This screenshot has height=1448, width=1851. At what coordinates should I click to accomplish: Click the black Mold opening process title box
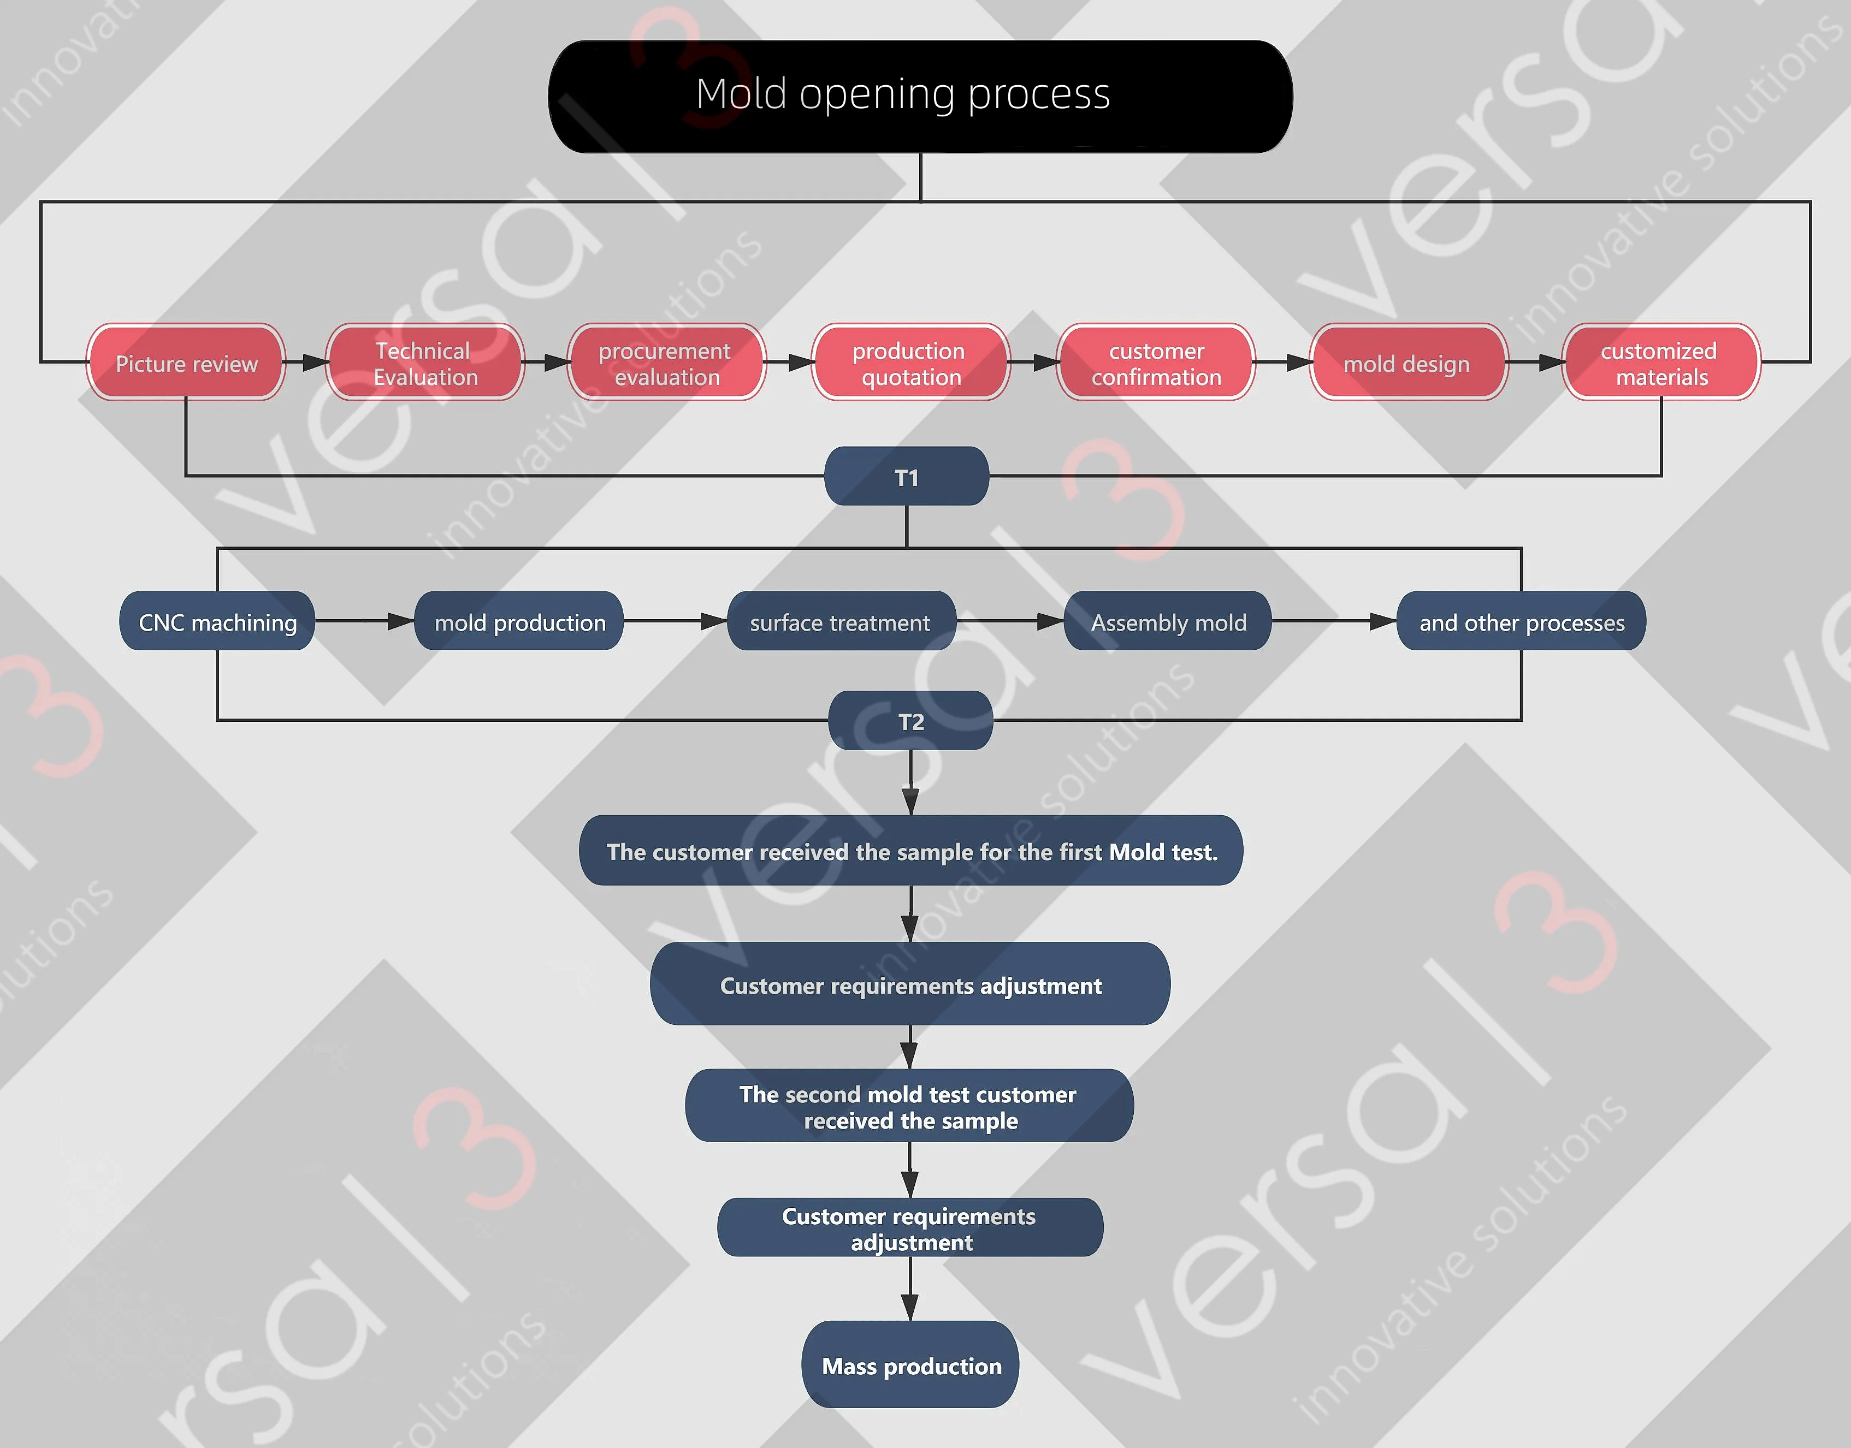(920, 96)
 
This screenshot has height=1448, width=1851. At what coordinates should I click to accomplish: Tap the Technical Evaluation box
(425, 363)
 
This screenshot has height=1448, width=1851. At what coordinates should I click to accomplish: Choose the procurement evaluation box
(666, 363)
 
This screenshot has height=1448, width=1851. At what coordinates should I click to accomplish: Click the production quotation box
(910, 363)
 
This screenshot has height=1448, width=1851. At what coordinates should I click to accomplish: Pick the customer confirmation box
(1156, 363)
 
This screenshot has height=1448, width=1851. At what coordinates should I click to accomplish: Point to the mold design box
(1408, 363)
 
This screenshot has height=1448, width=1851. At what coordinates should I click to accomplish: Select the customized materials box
(1661, 363)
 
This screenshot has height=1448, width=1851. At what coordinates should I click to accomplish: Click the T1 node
(907, 477)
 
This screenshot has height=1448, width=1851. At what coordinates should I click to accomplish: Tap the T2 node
(910, 721)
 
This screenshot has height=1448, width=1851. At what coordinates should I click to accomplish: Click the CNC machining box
(217, 621)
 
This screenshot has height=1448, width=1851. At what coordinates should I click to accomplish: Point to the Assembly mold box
(1168, 621)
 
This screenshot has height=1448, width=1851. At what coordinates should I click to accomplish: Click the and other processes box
(1521, 621)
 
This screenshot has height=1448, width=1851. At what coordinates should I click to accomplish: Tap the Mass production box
(910, 1365)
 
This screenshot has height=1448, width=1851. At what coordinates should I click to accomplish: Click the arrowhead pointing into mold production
(400, 621)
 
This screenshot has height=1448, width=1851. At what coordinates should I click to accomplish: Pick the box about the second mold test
(909, 1106)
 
